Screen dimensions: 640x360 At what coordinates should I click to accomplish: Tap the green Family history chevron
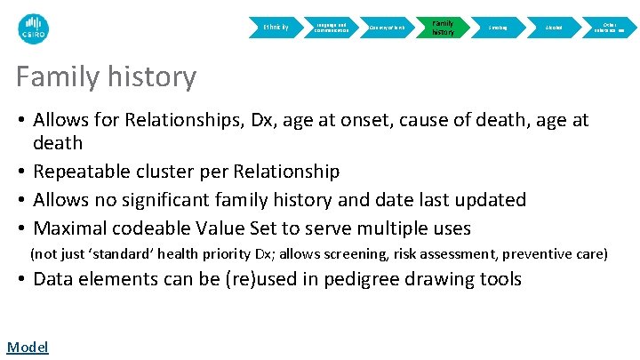442,28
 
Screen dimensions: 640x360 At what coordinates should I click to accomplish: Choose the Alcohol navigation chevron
554,28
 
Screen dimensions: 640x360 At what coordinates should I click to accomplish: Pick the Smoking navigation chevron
498,28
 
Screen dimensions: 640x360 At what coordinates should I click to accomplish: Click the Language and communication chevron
331,28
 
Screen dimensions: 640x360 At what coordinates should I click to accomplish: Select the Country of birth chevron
387,28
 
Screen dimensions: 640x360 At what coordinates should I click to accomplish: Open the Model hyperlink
27,347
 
